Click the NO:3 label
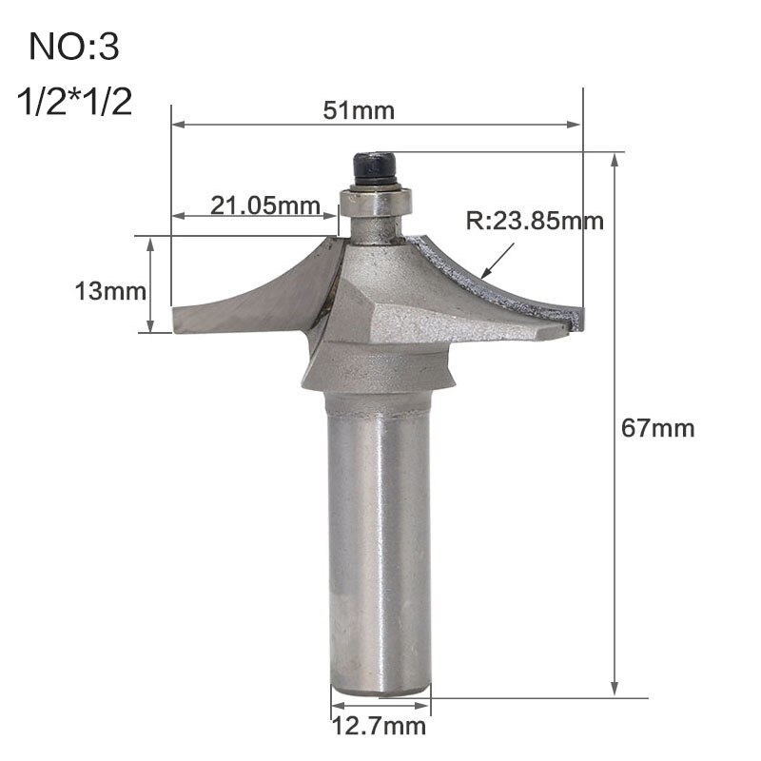pyautogui.click(x=74, y=48)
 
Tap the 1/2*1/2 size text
pyautogui.click(x=74, y=102)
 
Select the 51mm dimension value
pyautogui.click(x=358, y=110)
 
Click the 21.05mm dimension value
pyautogui.click(x=251, y=205)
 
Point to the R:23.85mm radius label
pyautogui.click(x=535, y=222)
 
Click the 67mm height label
pyautogui.click(x=658, y=428)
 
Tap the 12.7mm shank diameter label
pyautogui.click(x=379, y=729)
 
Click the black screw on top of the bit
pyautogui.click(x=375, y=169)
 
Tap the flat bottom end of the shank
pyautogui.click(x=379, y=691)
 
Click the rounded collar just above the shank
pyautogui.click(x=379, y=376)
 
